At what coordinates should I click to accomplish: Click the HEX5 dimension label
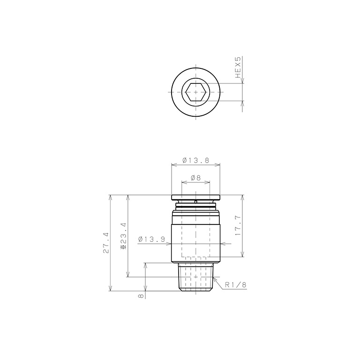(238, 67)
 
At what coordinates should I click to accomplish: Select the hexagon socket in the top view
(195, 92)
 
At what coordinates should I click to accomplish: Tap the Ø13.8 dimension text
(195, 160)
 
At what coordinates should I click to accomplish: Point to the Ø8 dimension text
(195, 178)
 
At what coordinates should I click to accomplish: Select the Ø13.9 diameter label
(151, 240)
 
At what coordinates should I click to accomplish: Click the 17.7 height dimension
(238, 226)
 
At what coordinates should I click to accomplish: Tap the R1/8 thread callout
(236, 284)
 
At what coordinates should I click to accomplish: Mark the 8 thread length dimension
(141, 296)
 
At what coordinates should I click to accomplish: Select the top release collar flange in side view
(195, 197)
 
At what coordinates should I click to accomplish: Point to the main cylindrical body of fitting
(195, 237)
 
